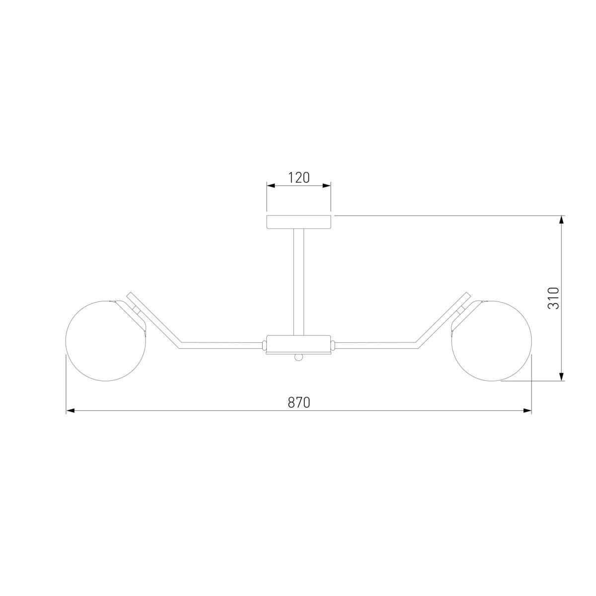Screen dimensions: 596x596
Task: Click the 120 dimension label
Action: (x=299, y=178)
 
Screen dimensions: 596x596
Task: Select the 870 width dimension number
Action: (x=299, y=402)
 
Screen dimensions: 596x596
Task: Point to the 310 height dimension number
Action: (x=553, y=298)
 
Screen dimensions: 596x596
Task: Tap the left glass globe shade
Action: (x=106, y=341)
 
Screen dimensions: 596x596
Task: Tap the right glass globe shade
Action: (x=492, y=341)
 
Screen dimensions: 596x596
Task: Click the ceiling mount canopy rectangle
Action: (x=299, y=222)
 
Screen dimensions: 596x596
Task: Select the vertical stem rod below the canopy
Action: (x=299, y=282)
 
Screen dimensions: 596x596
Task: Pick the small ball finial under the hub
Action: (x=299, y=358)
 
